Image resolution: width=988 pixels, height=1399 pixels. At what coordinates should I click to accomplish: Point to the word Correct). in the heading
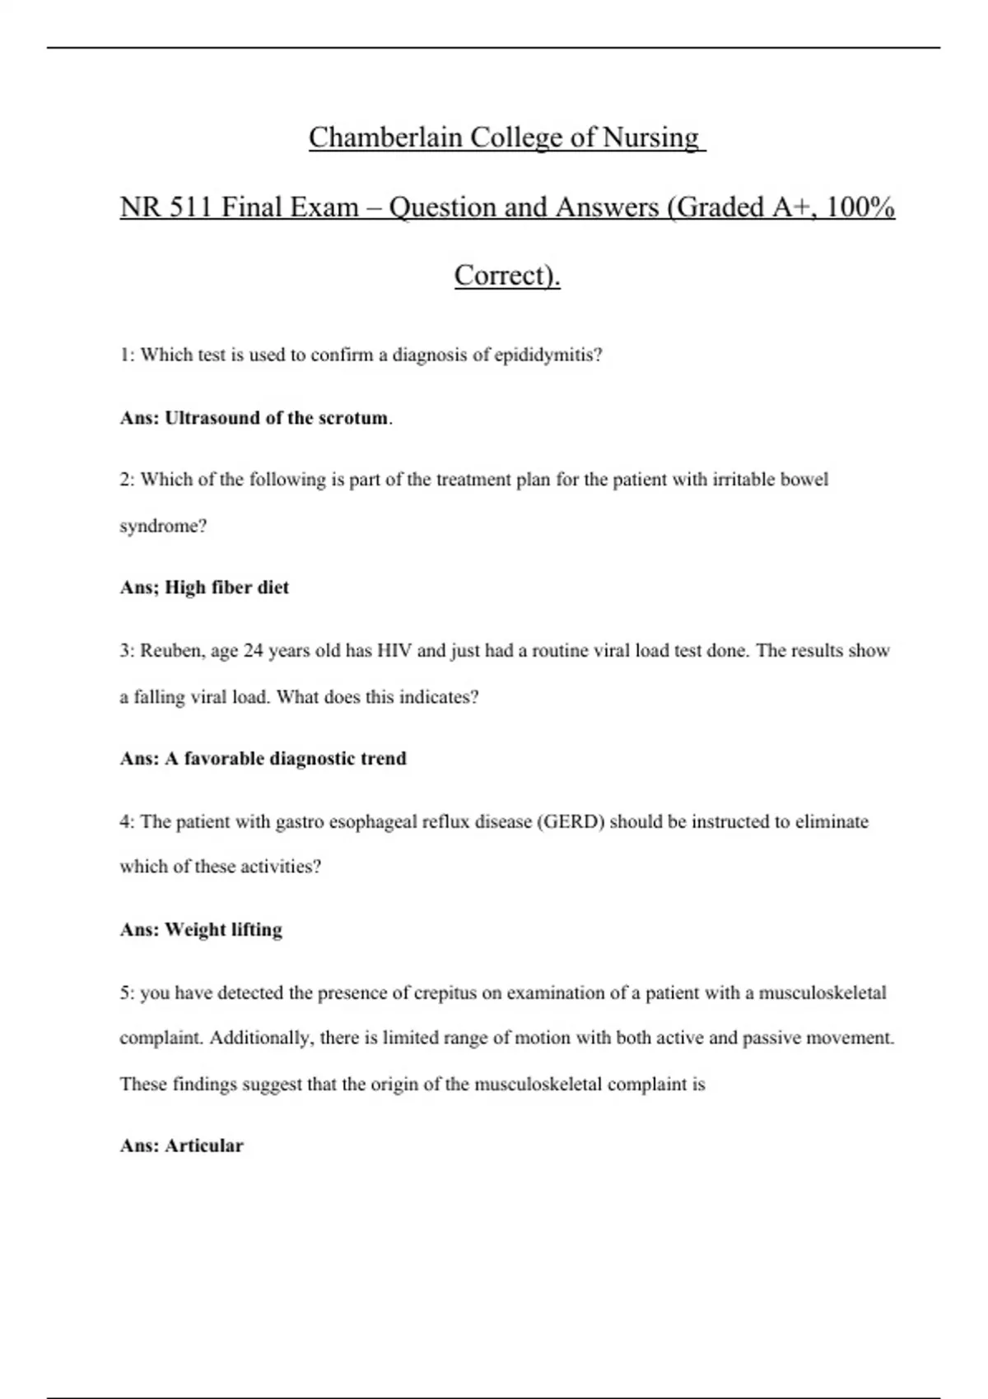click(507, 275)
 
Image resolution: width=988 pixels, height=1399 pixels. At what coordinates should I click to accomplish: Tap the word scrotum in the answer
click(353, 418)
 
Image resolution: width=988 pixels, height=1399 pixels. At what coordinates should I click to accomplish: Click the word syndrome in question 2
click(162, 527)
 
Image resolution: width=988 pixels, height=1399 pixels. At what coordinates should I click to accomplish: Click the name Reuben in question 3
click(169, 651)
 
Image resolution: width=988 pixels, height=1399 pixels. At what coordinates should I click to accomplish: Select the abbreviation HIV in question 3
click(394, 651)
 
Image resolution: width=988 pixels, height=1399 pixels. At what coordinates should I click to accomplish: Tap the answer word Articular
click(204, 1146)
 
